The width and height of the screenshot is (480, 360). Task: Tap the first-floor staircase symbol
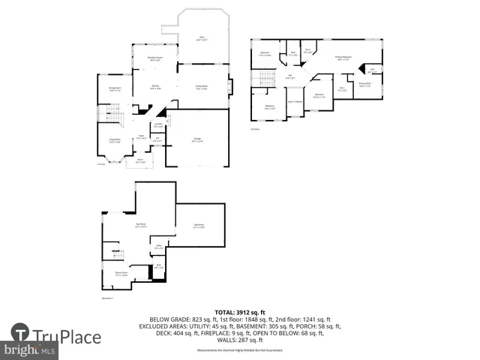[112, 115]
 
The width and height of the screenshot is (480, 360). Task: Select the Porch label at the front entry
[139, 160]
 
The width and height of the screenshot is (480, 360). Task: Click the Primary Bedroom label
[343, 58]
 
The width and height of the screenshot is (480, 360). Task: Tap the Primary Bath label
[365, 85]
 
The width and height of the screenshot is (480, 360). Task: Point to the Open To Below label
[295, 100]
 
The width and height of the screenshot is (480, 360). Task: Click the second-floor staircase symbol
[263, 79]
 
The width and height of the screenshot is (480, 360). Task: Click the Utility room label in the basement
[159, 247]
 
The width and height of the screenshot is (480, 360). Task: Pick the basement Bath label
[159, 265]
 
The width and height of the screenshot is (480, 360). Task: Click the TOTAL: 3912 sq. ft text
[240, 311]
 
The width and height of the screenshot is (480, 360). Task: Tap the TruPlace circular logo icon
[20, 332]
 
